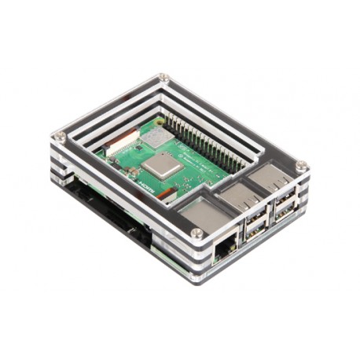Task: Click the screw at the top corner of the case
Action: [x=164, y=78]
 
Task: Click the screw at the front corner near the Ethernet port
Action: [x=197, y=233]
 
